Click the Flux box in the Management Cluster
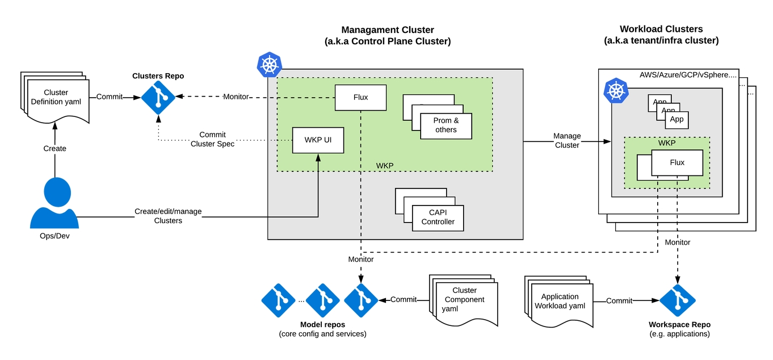(360, 97)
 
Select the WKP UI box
(318, 140)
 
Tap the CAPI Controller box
(438, 217)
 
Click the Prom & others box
(446, 125)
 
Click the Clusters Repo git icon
(158, 98)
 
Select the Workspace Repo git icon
(678, 300)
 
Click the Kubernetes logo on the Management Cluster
(270, 64)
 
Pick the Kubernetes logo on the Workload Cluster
(616, 91)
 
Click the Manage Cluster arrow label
(567, 140)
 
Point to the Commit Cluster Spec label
(212, 139)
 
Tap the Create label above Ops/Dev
(55, 148)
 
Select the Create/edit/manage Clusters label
(168, 216)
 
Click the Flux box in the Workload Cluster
(677, 162)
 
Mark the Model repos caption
(322, 325)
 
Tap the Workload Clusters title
(661, 29)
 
